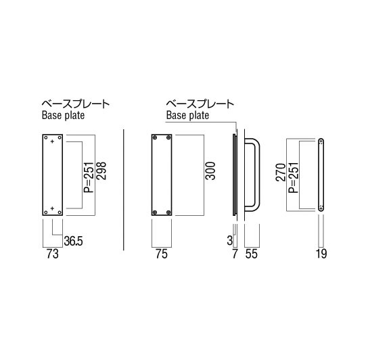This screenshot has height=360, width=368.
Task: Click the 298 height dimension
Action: pyautogui.click(x=102, y=171)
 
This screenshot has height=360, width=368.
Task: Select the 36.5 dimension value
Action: pyautogui.click(x=74, y=241)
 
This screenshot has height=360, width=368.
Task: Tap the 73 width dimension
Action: pyautogui.click(x=52, y=254)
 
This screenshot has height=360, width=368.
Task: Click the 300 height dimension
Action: pyautogui.click(x=210, y=171)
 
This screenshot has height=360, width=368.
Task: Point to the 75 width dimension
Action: pyautogui.click(x=162, y=254)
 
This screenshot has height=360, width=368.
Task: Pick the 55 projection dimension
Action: pyautogui.click(x=252, y=254)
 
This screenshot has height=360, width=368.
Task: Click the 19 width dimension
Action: pyautogui.click(x=321, y=254)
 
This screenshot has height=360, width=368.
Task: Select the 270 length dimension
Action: pyautogui.click(x=281, y=173)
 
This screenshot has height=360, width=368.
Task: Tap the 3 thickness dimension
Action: pyautogui.click(x=230, y=240)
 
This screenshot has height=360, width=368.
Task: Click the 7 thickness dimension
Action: pyautogui.click(x=235, y=254)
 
